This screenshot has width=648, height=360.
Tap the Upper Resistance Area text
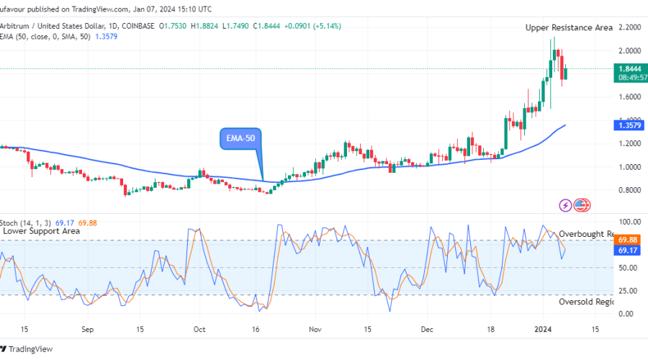point(569,27)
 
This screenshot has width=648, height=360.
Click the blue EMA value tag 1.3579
point(627,125)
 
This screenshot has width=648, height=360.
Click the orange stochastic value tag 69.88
point(627,240)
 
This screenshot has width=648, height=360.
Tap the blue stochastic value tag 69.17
point(627,250)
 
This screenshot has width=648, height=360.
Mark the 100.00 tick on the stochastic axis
point(627,222)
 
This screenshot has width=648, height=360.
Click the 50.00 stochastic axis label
point(627,268)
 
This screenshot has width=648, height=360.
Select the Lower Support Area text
point(40,232)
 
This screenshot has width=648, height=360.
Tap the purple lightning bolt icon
point(565,206)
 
